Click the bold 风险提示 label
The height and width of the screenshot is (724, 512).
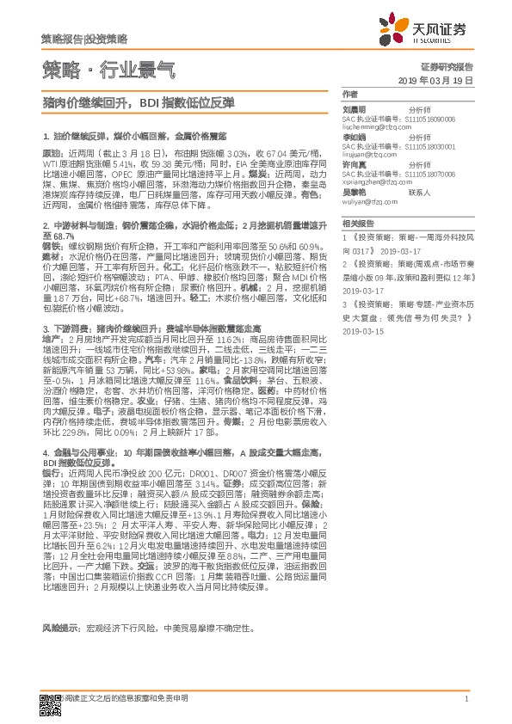pyautogui.click(x=60, y=627)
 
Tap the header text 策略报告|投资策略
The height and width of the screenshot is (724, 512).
pyautogui.click(x=84, y=40)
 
